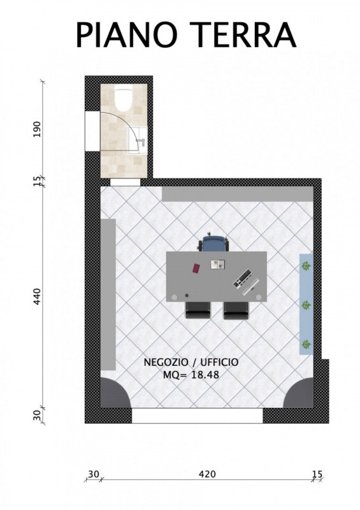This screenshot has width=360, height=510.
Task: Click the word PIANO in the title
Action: click(126, 35)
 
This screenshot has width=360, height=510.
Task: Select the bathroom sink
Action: click(136, 140)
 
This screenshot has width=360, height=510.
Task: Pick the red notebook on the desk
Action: click(196, 268)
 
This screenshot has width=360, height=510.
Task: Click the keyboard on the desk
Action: click(243, 278)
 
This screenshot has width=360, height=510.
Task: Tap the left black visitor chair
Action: click(198, 310)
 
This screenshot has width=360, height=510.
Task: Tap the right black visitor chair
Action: click(236, 310)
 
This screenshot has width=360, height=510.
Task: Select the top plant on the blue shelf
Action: click(306, 266)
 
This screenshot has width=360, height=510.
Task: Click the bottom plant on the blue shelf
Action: click(306, 344)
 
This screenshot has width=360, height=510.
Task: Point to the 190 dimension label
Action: click(38, 129)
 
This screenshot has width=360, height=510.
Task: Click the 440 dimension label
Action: click(38, 296)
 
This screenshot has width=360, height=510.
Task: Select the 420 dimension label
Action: click(207, 474)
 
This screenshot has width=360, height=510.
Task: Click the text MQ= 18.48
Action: click(191, 375)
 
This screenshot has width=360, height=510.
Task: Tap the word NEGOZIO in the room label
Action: click(166, 362)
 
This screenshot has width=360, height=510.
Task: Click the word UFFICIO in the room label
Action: click(219, 362)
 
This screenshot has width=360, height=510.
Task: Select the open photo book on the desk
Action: click(218, 264)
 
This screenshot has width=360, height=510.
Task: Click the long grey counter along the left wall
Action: click(108, 295)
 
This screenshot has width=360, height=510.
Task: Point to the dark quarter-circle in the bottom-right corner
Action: click(301, 395)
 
